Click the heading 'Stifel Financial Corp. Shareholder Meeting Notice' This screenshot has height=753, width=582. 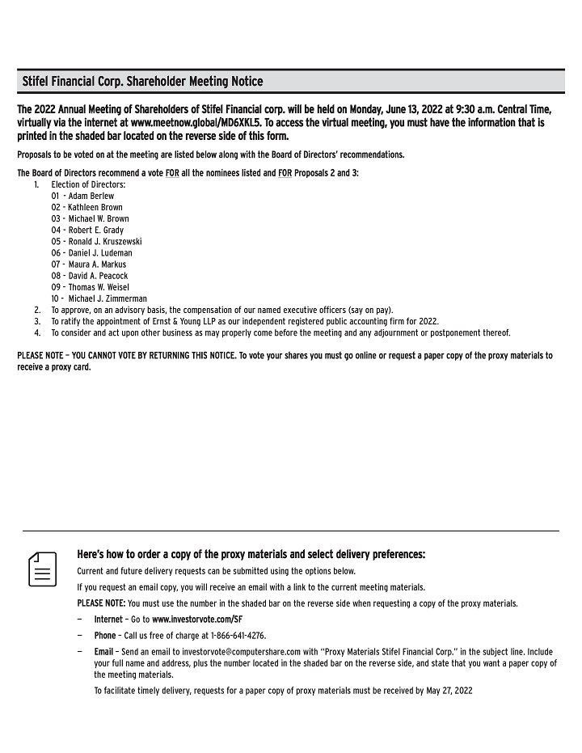click(x=142, y=82)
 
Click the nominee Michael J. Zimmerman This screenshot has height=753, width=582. click(x=108, y=298)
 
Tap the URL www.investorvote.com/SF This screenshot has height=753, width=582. click(x=197, y=620)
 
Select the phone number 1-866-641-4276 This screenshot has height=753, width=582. click(x=238, y=636)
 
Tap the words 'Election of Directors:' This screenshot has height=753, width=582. click(x=88, y=184)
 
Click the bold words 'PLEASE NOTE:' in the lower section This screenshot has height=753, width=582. click(x=101, y=603)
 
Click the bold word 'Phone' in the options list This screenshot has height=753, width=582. click(x=105, y=636)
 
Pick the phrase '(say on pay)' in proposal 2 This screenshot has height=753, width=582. click(x=372, y=310)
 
